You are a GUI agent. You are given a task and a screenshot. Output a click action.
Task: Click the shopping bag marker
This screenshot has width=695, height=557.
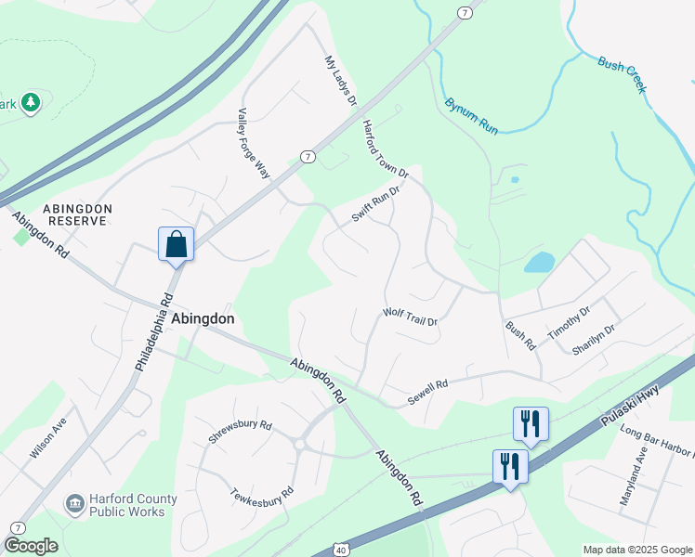click(177, 246)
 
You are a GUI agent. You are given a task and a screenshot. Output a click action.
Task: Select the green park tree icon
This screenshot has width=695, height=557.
click(32, 101)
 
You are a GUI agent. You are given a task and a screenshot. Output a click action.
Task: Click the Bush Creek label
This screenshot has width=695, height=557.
click(622, 75)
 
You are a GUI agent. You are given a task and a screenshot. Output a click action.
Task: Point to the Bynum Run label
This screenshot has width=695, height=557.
click(471, 117)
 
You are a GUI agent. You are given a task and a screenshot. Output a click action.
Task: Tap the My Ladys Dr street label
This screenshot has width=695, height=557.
click(340, 80)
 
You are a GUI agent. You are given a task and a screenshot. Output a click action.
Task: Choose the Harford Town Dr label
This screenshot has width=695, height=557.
click(385, 149)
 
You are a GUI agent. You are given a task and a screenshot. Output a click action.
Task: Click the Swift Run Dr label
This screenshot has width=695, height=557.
click(375, 204)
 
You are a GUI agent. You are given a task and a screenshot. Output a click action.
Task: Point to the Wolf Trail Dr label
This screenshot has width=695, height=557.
click(410, 315)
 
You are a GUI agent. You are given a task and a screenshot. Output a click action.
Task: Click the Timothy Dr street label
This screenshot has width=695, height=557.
click(569, 328)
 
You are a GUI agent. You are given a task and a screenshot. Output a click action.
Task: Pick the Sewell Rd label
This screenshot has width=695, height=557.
click(427, 392)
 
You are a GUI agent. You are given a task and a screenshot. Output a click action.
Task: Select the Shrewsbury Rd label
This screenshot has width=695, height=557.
click(240, 433)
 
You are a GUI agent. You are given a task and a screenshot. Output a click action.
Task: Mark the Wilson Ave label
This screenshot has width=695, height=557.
click(48, 437)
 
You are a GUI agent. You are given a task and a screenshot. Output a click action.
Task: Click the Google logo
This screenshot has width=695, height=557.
click(31, 545)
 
